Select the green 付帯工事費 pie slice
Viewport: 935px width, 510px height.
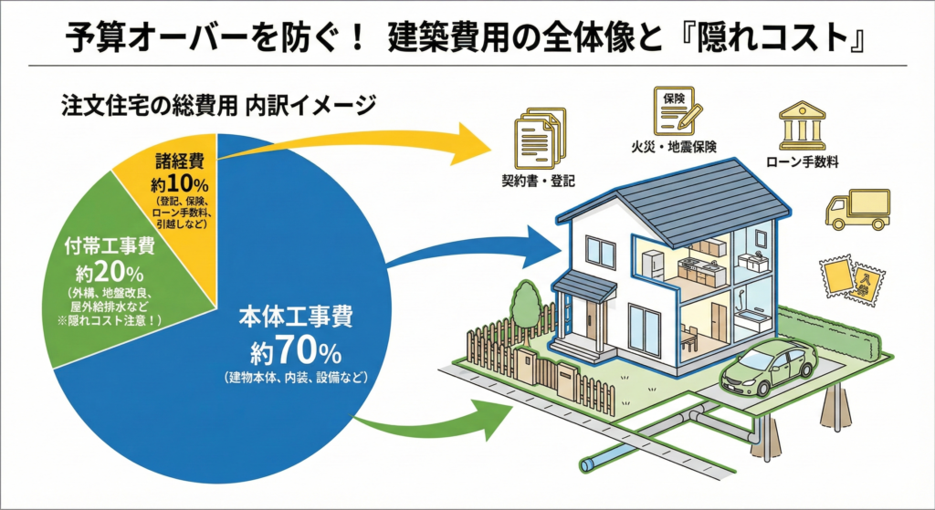click(110, 274)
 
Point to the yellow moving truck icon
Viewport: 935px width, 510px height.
click(856, 209)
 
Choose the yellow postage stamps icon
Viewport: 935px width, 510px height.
click(850, 278)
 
